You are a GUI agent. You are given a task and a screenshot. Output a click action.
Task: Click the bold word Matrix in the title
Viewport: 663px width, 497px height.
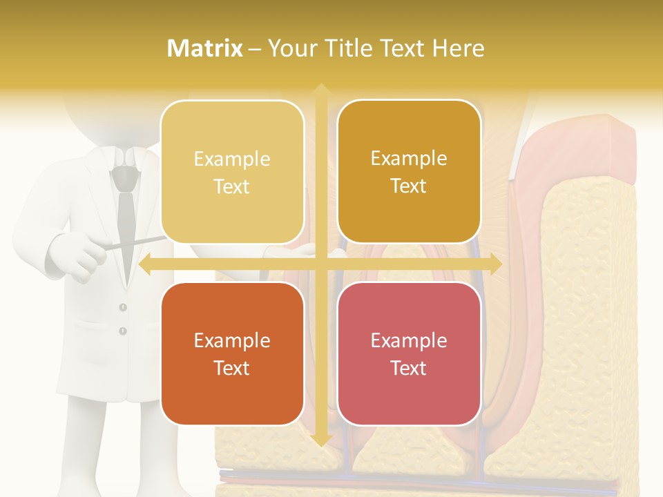205,48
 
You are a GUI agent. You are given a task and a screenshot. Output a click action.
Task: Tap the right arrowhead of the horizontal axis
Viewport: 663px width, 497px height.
495,264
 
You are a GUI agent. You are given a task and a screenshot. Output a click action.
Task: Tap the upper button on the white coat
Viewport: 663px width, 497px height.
123,307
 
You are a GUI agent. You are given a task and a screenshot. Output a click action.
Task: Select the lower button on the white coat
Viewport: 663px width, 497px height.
123,331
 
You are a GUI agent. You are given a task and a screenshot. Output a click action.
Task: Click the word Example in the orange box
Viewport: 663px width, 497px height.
232,340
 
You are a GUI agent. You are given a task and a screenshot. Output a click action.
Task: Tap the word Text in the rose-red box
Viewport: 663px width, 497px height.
409,368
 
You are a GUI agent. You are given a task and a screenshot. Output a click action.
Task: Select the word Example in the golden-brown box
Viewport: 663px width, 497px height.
409,159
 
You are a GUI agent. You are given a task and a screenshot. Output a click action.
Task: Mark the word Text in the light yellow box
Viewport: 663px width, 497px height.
232,186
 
